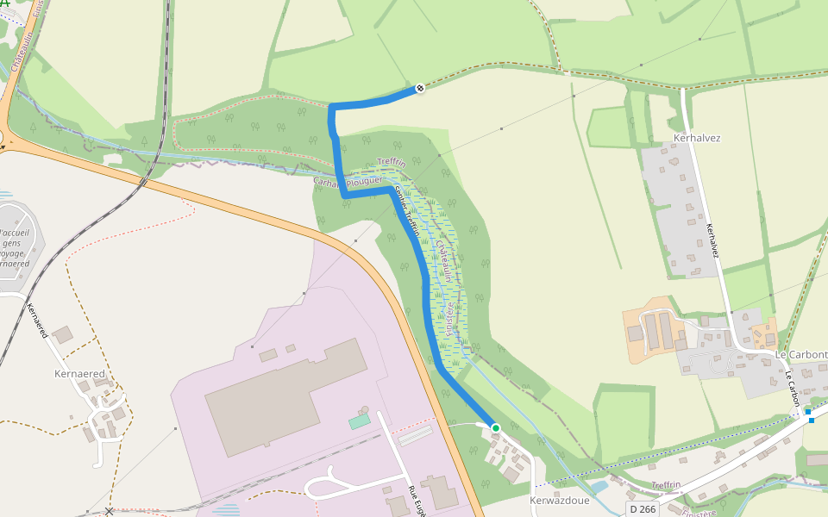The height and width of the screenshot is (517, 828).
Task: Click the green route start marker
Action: (495, 427)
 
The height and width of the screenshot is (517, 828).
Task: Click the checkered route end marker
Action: (420, 88)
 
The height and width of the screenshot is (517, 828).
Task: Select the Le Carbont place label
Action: (800, 354)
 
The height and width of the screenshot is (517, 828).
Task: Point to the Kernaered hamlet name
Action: (79, 374)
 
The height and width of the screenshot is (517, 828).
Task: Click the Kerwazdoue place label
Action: (559, 500)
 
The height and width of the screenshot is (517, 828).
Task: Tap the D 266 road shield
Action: (642, 509)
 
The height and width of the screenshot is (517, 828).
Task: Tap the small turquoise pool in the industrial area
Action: (359, 421)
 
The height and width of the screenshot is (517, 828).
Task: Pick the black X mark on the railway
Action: (109, 512)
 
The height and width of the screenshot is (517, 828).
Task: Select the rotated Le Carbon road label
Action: (793, 389)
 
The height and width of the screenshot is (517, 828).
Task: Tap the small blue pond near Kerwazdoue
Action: (597, 489)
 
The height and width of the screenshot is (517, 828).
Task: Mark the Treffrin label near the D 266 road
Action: (667, 485)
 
